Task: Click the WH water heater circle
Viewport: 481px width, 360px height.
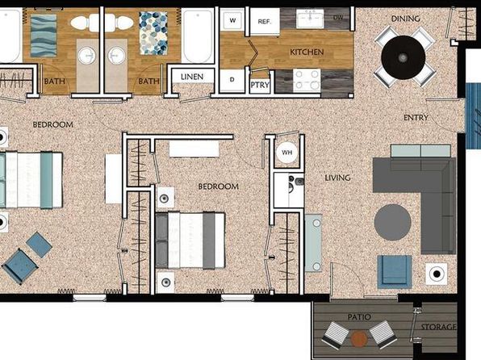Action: pos(287,153)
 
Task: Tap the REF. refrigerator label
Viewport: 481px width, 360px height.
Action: pos(265,22)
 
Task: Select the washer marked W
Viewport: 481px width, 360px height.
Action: pos(232,20)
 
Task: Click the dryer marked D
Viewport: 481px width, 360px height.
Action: pos(232,80)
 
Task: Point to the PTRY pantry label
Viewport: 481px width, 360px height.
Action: pos(260,85)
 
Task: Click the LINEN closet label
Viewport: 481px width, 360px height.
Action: pos(192,77)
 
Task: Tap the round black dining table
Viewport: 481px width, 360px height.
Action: pos(403,57)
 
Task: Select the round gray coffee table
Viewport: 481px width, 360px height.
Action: pos(392,223)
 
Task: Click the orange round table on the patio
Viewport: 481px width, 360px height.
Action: pos(359,338)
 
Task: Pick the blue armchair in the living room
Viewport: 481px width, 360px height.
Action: pos(395,271)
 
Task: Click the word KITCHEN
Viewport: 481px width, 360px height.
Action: pos(307,52)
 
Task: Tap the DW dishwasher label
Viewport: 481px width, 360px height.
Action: pos(338,18)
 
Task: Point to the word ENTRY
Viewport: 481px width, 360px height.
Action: pos(416,117)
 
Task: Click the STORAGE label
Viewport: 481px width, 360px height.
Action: pos(438,327)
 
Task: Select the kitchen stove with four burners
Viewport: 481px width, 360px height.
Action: pos(307,81)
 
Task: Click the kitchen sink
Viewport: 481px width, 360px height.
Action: pos(310,18)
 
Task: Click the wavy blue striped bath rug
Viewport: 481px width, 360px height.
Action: pos(44,36)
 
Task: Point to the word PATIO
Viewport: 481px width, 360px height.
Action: pos(359,316)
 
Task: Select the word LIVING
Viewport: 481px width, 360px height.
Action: pos(337,178)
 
